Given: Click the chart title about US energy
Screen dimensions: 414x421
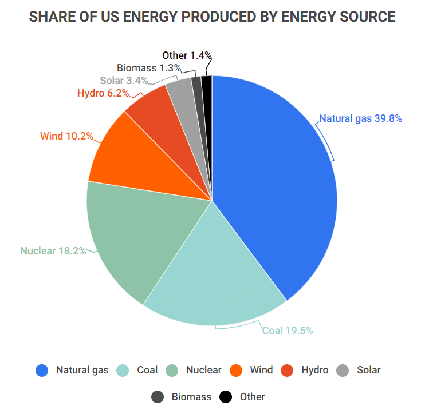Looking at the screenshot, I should (x=212, y=17).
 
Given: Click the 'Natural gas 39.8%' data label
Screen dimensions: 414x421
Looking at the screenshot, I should (x=360, y=119).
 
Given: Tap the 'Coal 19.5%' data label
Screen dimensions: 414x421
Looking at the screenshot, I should (x=288, y=331).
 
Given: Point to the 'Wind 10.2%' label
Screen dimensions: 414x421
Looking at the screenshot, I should (x=66, y=136).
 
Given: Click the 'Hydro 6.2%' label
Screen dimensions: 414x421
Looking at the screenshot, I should (x=103, y=93).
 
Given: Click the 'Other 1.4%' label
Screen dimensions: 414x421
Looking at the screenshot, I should (x=187, y=55).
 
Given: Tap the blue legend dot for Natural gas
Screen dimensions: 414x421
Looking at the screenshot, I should (x=41, y=371).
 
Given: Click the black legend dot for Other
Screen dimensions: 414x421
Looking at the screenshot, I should (x=226, y=397).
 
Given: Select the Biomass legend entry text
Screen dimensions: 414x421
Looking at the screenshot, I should (x=191, y=397).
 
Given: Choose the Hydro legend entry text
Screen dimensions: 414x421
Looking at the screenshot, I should (x=315, y=371).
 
